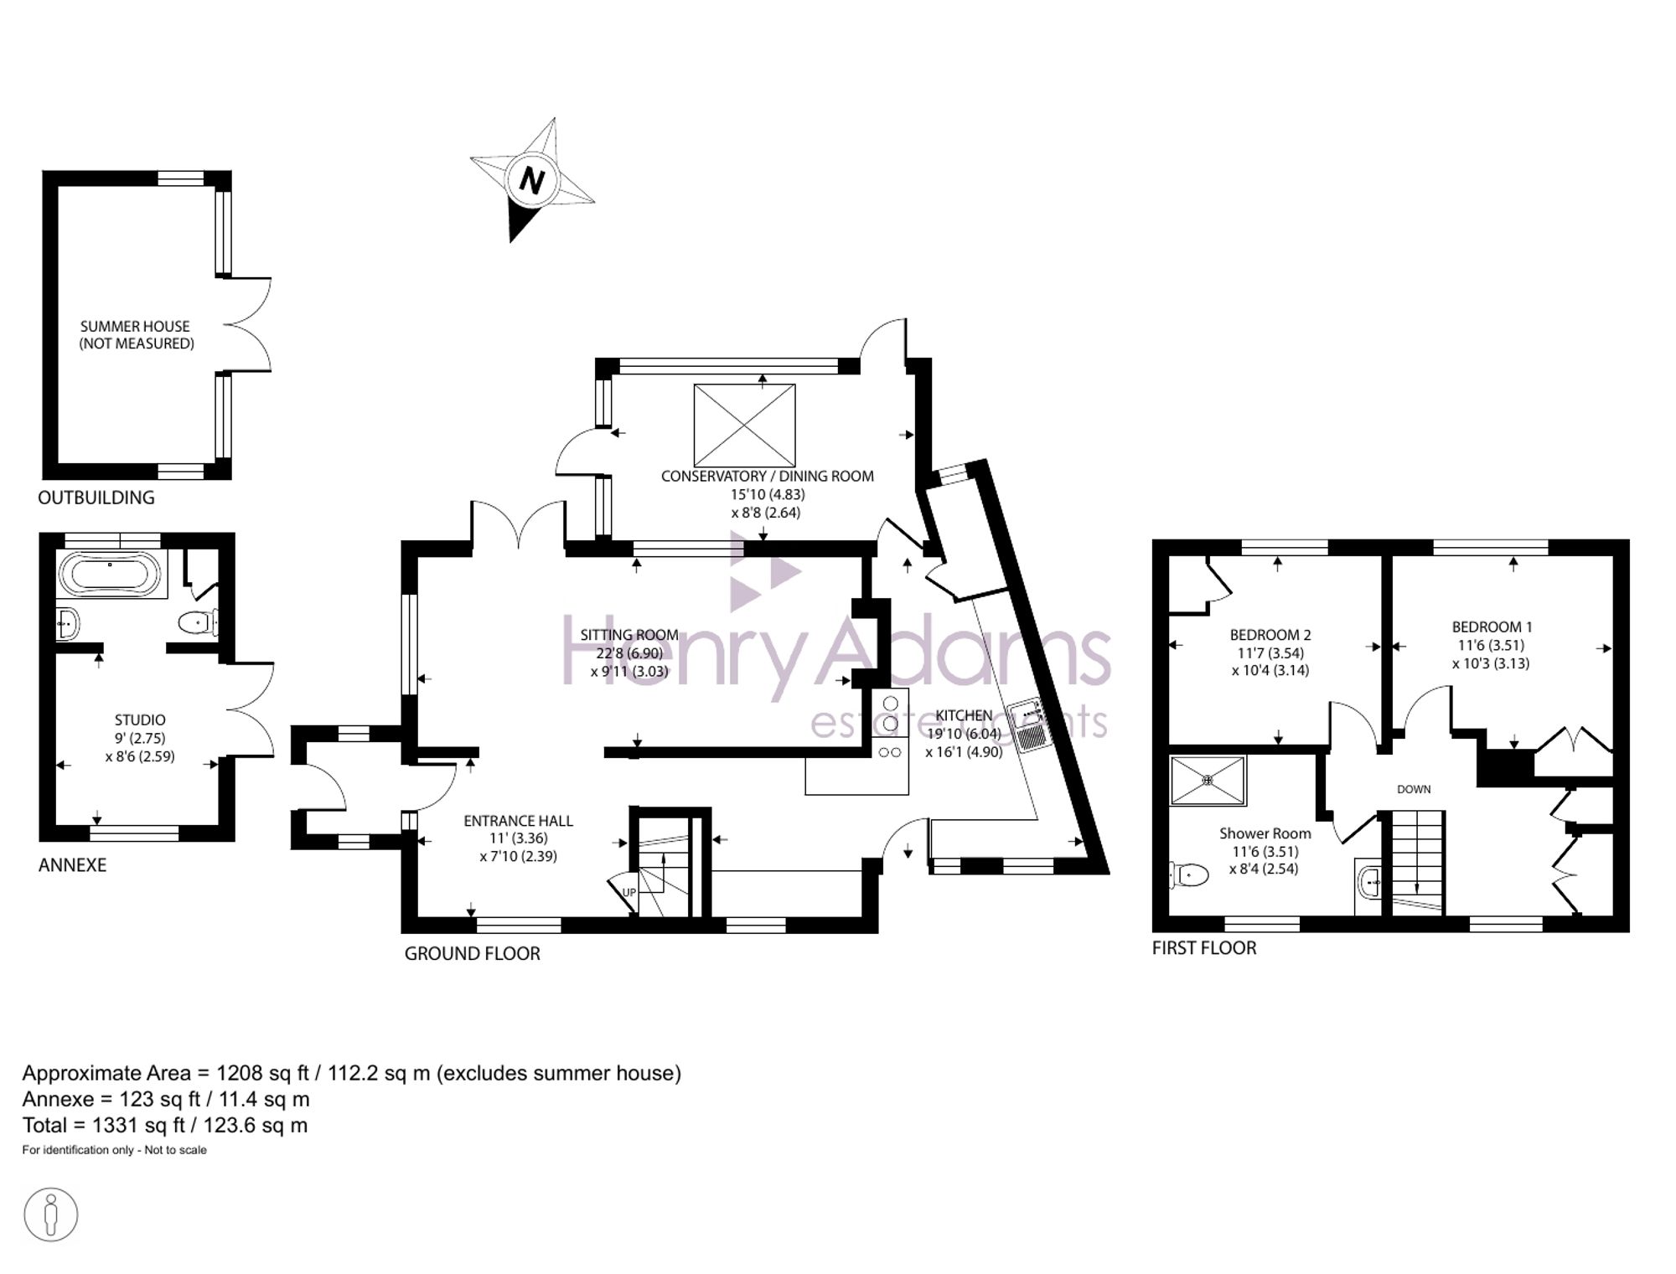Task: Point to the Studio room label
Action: (x=140, y=720)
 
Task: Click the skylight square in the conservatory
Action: (x=744, y=425)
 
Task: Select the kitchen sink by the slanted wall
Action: (x=1028, y=725)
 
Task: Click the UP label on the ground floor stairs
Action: (x=629, y=893)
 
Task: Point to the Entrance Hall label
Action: (x=518, y=821)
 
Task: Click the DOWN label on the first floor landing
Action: (x=1414, y=789)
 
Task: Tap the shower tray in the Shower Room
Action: (x=1208, y=781)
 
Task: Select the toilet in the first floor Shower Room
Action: (x=1189, y=875)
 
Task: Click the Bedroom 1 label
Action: (x=1492, y=627)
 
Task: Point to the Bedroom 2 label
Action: (x=1270, y=635)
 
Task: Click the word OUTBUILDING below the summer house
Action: (x=96, y=498)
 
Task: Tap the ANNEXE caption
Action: (x=72, y=865)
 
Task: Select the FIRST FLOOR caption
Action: (x=1204, y=948)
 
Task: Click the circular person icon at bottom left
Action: (x=51, y=1215)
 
